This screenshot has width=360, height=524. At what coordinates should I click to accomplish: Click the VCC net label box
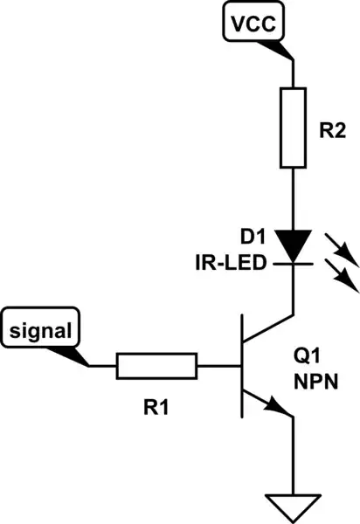tap(253, 24)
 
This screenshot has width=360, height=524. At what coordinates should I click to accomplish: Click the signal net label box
tap(41, 331)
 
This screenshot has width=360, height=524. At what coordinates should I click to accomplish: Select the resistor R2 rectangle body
tap(293, 128)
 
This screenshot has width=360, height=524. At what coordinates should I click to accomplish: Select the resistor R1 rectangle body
tap(157, 366)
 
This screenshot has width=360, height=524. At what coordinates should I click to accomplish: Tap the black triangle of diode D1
tap(293, 244)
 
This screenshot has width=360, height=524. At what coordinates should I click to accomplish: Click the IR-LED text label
tap(232, 261)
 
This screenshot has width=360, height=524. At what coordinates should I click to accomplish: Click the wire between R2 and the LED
tap(293, 196)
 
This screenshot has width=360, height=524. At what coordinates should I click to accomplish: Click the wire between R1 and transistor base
tap(219, 366)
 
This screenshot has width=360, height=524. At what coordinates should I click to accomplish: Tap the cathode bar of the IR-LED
tap(293, 261)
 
